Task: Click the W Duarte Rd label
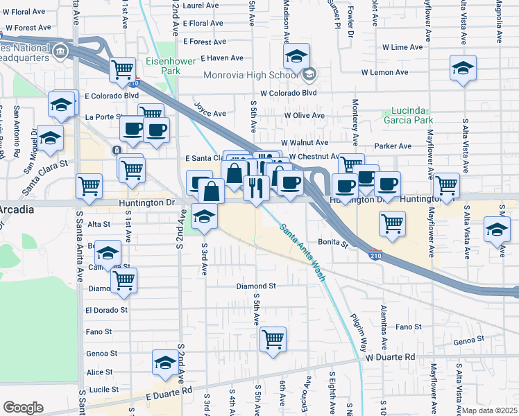pyautogui.click(x=391, y=357)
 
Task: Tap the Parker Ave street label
pyautogui.click(x=393, y=146)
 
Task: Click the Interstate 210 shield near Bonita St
pyautogui.click(x=375, y=255)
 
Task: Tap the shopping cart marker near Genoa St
pyautogui.click(x=273, y=339)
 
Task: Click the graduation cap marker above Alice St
pyautogui.click(x=165, y=363)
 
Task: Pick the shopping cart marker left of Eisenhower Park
pyautogui.click(x=123, y=68)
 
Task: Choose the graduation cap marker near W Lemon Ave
pyautogui.click(x=463, y=67)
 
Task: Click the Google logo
pyautogui.click(x=23, y=408)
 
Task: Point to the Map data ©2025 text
pyautogui.click(x=489, y=410)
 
